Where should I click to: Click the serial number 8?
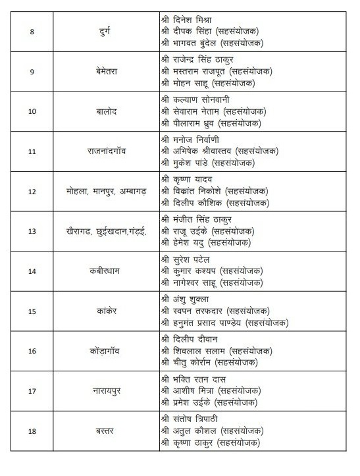32,30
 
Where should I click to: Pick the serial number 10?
32,111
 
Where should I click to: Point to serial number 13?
32,232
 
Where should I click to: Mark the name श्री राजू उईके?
188,232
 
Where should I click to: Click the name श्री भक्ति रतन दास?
194,379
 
